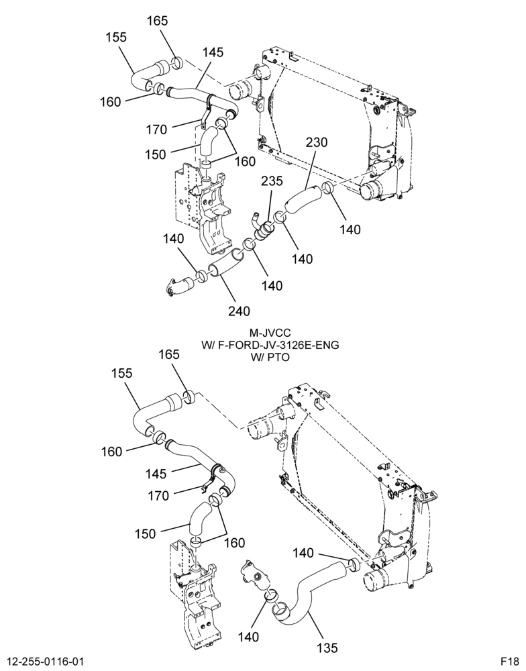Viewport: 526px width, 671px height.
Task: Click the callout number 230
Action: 316,142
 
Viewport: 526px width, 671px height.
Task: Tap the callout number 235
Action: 272,181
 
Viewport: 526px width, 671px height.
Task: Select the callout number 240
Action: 239,311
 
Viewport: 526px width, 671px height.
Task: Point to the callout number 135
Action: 327,648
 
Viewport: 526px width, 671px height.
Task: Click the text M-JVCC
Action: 270,333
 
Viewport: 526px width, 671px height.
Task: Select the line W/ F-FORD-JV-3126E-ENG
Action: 270,345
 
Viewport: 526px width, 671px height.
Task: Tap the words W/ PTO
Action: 270,357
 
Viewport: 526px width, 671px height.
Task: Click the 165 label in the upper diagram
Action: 158,21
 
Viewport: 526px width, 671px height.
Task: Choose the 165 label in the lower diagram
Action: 169,355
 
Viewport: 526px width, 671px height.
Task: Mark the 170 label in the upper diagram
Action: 156,130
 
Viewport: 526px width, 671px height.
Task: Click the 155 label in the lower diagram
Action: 122,373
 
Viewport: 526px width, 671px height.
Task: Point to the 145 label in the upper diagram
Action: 213,52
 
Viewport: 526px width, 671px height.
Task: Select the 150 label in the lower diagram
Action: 146,534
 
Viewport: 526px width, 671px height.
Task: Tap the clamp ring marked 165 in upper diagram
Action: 177,62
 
